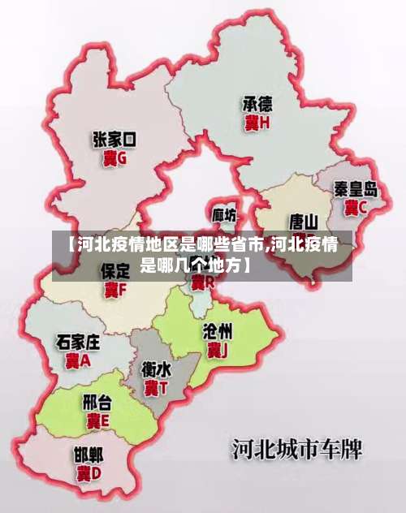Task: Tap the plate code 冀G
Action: click(114, 159)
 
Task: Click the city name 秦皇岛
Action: click(356, 189)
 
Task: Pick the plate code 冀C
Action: click(356, 207)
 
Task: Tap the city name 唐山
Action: click(304, 221)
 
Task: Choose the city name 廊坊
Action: click(225, 215)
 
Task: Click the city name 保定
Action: click(115, 270)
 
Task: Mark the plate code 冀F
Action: click(115, 289)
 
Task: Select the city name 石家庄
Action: click(78, 341)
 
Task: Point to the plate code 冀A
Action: click(78, 360)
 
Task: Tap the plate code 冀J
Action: click(217, 350)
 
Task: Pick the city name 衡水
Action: click(156, 369)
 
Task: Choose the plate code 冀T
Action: click(156, 388)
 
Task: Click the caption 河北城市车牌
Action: click(296, 449)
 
